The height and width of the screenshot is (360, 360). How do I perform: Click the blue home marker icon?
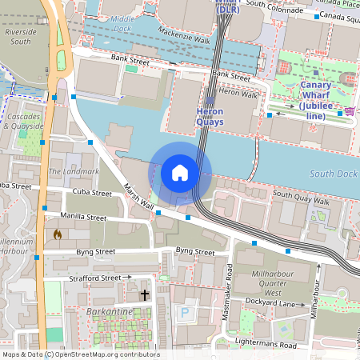point(180,173)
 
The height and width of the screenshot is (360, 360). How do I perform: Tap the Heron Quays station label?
point(214,117)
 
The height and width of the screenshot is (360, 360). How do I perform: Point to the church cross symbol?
point(145,295)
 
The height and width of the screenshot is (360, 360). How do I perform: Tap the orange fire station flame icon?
point(58,235)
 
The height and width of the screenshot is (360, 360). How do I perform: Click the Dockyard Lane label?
point(280,304)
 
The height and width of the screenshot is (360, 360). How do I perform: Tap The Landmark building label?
point(74,171)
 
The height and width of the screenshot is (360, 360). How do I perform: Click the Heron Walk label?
point(238,94)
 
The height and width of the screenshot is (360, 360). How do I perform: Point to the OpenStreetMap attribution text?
point(80,354)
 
